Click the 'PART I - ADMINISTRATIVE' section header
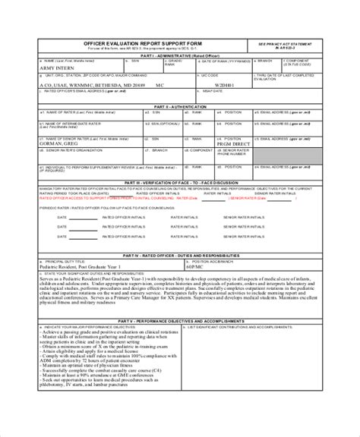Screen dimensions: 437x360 coord(179,55)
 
